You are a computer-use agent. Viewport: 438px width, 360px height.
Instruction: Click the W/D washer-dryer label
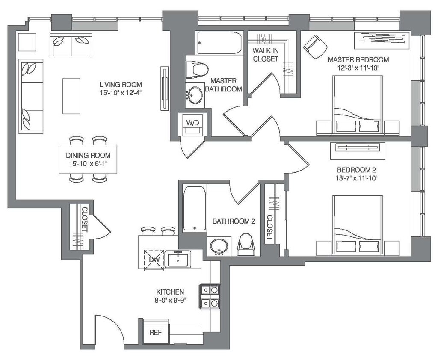click(x=192, y=123)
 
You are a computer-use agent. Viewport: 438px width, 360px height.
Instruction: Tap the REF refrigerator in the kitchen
click(x=156, y=332)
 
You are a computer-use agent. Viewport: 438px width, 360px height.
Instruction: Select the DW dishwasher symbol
click(x=154, y=260)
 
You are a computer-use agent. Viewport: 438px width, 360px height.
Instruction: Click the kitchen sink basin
click(x=178, y=260)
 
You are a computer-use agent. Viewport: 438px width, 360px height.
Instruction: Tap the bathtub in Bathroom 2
click(x=195, y=208)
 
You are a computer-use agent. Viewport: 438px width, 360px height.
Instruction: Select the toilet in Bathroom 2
click(x=246, y=245)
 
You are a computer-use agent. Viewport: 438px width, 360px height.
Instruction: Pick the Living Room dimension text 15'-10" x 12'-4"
click(x=121, y=93)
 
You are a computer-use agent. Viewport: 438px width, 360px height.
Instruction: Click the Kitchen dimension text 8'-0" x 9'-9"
click(x=170, y=300)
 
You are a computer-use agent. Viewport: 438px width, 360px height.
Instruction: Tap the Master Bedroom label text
click(x=358, y=59)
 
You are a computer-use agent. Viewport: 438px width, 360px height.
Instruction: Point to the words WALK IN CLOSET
click(x=266, y=55)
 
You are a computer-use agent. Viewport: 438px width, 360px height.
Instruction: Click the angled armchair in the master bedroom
click(x=315, y=47)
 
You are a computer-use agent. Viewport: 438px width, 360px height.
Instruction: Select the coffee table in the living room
click(x=71, y=96)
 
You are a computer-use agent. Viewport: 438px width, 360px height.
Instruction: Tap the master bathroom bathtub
click(x=219, y=43)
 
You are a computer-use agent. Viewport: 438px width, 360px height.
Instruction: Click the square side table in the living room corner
click(x=27, y=42)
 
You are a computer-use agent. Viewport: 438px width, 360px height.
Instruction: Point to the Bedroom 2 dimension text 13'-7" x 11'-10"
click(x=356, y=178)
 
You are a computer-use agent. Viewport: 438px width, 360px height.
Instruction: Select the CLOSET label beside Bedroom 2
click(x=269, y=227)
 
